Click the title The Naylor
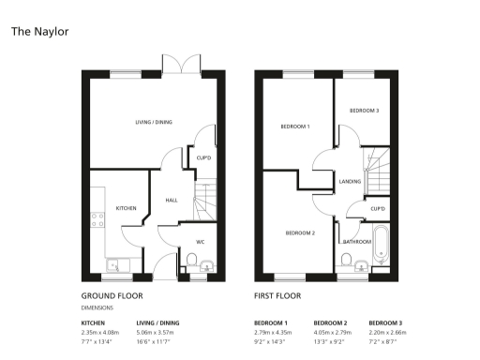pos(39,31)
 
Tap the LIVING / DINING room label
pos(154,122)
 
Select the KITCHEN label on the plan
pos(127,207)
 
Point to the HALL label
pos(172,200)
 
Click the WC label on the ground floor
pos(200,242)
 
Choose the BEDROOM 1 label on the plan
pos(295,126)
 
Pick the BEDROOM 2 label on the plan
pos(300,232)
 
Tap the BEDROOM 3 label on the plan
pos(364,111)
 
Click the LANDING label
pos(350,182)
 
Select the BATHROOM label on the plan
pos(356,241)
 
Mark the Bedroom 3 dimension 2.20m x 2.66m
pos(387,332)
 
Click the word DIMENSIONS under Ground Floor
pos(98,307)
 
